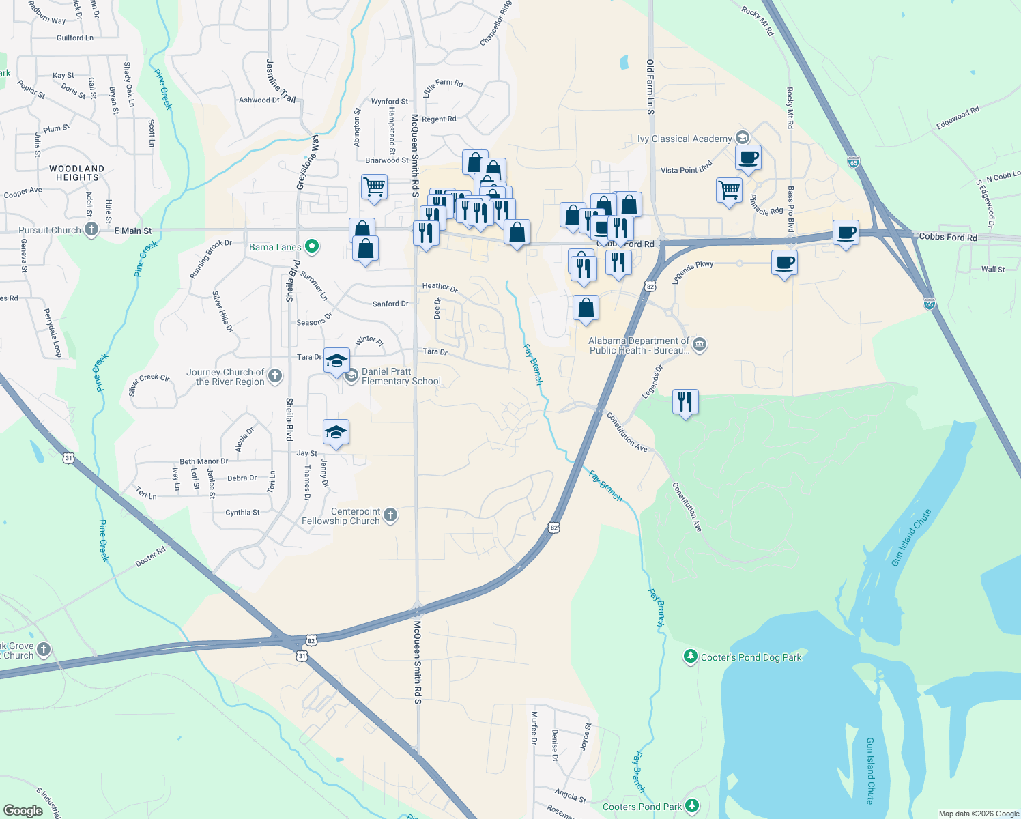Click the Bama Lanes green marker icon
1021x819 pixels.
point(312,246)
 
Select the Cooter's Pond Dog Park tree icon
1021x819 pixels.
point(691,657)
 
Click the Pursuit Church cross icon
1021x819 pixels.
point(91,230)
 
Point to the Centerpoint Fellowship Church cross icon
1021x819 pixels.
point(390,515)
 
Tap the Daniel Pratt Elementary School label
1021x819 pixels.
point(401,377)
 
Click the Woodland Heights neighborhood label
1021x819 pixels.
point(77,173)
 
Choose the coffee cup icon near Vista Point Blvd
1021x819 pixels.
point(748,158)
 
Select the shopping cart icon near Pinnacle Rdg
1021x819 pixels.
point(729,189)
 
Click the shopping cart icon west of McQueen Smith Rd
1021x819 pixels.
point(374,186)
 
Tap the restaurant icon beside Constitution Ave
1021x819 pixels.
point(685,401)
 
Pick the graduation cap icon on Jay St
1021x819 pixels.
point(336,432)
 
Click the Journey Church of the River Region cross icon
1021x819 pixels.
point(275,375)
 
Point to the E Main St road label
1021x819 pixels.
point(132,231)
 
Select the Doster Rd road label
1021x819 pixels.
point(150,557)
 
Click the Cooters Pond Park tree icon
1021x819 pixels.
point(692,806)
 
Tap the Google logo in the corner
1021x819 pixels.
point(23,810)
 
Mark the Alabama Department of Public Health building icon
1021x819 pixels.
point(700,344)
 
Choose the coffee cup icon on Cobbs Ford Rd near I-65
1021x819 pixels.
point(846,233)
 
